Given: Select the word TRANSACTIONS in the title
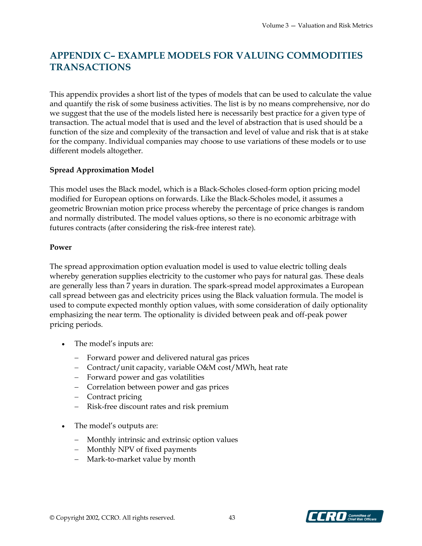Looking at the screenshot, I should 90,67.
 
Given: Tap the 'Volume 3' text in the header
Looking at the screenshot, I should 275,26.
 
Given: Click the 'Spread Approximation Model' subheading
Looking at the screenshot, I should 101,170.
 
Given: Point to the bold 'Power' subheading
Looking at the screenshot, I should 61,247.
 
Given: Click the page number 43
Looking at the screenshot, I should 232,517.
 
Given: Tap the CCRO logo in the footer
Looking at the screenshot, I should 344,516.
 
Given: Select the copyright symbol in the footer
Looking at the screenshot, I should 52,517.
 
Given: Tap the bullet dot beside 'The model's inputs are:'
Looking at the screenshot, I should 64,345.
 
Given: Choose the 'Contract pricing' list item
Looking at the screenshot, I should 114,397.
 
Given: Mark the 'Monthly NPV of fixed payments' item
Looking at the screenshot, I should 142,449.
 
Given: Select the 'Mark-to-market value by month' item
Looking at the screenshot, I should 141,459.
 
